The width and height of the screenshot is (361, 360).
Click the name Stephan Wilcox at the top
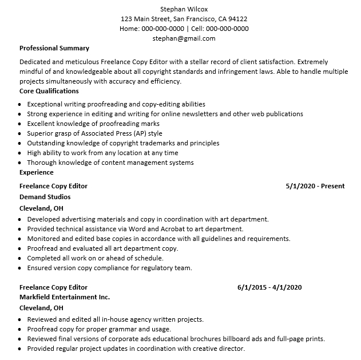[x=184, y=9]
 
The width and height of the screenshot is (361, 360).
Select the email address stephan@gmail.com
[x=184, y=38]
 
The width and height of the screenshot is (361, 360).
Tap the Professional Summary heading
[x=54, y=48]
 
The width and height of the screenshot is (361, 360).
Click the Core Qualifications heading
[x=49, y=91]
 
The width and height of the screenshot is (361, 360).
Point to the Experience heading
[x=37, y=172]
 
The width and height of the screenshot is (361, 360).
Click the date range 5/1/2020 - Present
[x=315, y=186]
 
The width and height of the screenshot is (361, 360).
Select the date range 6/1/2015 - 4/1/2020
[x=269, y=287]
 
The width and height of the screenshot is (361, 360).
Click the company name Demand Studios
[x=45, y=197]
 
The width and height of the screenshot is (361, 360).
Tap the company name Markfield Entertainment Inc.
[x=65, y=297]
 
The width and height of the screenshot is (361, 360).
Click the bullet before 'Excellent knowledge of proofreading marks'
[x=20, y=124]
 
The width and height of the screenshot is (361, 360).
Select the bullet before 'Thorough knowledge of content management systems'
[x=20, y=163]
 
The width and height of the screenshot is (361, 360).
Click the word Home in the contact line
[x=129, y=29]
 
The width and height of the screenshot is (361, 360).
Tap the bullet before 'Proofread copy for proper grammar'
[x=20, y=330]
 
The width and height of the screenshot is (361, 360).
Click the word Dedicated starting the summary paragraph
[x=35, y=62]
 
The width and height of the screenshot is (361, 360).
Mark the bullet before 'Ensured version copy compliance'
[x=20, y=268]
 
